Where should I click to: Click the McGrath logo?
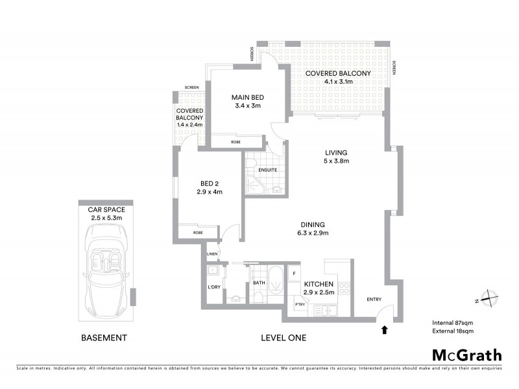coord(467,355)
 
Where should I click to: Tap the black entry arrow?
coord(384,329)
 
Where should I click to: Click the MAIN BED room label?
coord(248,98)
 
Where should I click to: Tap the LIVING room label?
coord(337,152)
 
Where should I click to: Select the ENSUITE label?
coord(267,170)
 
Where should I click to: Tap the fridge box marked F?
coord(294,274)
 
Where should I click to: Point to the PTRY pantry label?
coord(299,304)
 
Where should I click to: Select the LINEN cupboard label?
coord(212,253)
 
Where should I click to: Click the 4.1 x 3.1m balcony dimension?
coord(338,82)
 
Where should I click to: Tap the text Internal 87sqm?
coord(453,322)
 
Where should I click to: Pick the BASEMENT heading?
coord(103,338)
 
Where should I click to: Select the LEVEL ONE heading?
coord(283,338)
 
